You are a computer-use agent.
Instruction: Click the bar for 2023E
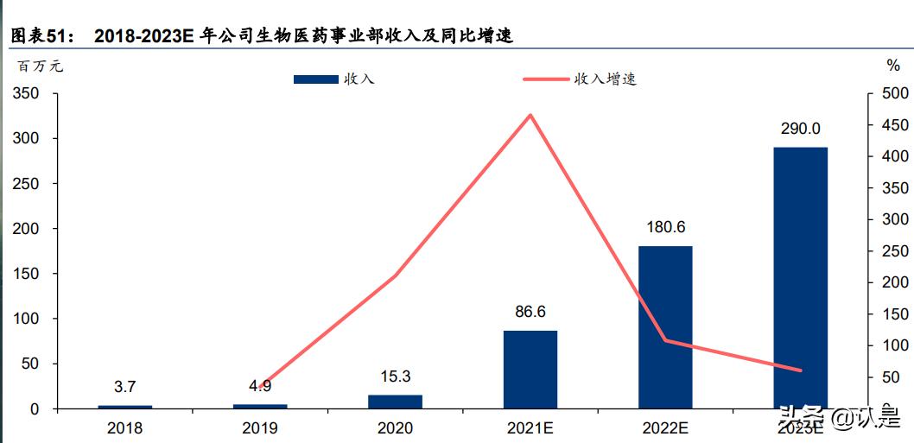tap(800, 277)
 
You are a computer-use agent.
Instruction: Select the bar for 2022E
tap(665, 326)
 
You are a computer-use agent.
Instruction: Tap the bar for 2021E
tap(530, 369)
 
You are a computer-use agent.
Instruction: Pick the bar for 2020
tap(395, 402)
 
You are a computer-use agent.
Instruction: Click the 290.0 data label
tap(800, 129)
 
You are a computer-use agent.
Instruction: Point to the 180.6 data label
tap(665, 227)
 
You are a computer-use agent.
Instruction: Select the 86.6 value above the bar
tap(530, 312)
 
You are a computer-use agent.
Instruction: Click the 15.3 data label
tap(395, 377)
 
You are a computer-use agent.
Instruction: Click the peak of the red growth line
tap(530, 115)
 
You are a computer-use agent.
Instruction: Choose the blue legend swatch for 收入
tap(315, 79)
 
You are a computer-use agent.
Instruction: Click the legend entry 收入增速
tap(606, 79)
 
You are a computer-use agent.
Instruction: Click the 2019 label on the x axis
tap(260, 427)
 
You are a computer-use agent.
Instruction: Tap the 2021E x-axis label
tap(530, 427)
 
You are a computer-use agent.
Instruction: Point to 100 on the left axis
tap(29, 319)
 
